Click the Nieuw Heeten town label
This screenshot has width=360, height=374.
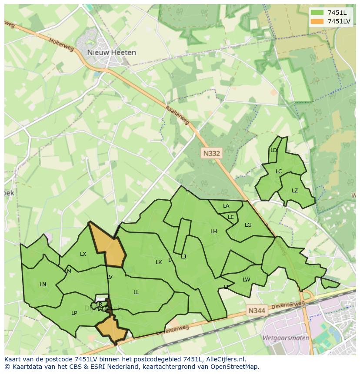click(111, 52)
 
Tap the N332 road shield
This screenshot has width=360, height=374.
click(212, 153)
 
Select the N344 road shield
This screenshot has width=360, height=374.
click(257, 311)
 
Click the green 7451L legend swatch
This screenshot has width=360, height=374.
click(317, 12)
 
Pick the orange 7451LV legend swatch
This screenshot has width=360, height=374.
click(317, 21)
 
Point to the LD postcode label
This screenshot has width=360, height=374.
click(273, 150)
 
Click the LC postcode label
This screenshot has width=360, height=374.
click(279, 171)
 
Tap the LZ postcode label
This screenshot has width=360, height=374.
click(295, 191)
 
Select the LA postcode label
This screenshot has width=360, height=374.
click(226, 206)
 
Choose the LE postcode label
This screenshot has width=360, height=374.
click(231, 217)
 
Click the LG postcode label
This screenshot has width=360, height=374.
click(248, 225)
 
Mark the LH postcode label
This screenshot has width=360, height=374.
click(213, 232)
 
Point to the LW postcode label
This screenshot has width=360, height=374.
click(247, 279)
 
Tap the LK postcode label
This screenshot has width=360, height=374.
click(159, 262)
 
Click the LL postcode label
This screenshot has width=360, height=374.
click(136, 292)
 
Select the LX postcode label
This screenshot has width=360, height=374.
click(83, 254)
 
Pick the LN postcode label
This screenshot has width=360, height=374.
click(43, 285)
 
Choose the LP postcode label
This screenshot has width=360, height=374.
click(74, 313)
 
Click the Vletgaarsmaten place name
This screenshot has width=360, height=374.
click(286, 338)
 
